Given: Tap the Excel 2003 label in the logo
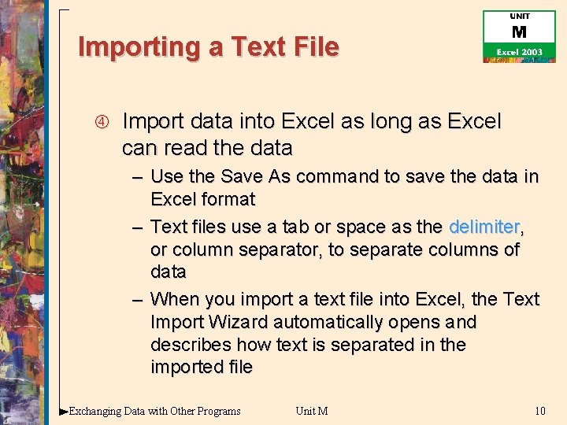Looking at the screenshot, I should [518, 51].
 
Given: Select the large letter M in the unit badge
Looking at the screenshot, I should [519, 32].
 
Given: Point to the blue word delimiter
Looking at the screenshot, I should [484, 227].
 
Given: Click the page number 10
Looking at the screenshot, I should [539, 410].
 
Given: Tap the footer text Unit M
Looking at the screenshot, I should [311, 410].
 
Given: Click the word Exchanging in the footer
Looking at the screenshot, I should [96, 410].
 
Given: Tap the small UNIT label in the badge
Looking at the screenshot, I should [519, 17].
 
